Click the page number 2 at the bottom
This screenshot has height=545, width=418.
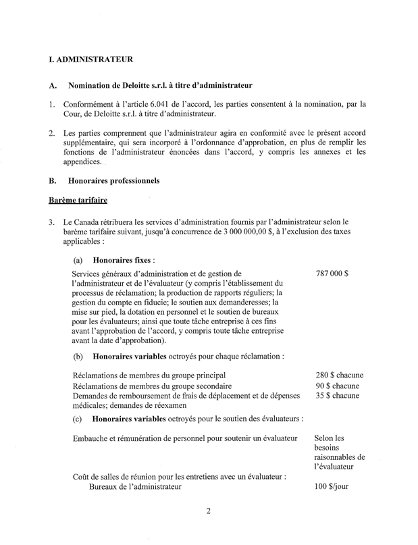209,511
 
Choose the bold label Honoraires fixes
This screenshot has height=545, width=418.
123,259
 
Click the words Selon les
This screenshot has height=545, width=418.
329,439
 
